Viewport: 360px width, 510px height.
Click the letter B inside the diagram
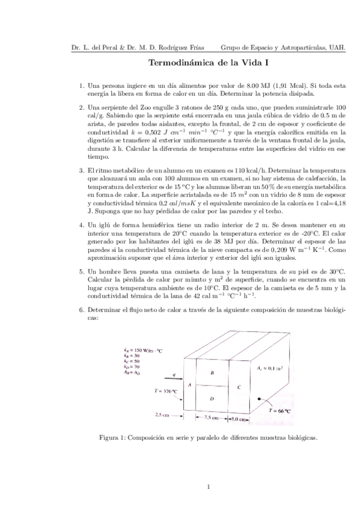212,373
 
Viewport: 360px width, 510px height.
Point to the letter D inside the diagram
212,399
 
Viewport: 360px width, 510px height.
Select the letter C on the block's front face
239,387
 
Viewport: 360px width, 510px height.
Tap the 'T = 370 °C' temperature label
166,390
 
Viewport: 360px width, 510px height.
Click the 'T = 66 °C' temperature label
281,411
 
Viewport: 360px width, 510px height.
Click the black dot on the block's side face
260,398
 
